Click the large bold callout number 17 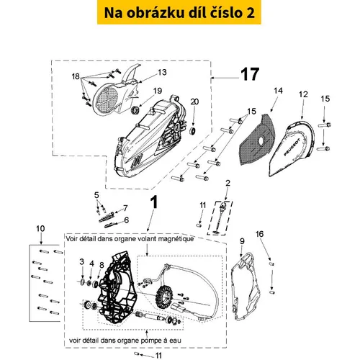point(250,74)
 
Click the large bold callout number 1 point(154,202)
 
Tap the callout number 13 point(162,72)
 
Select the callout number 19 point(158,91)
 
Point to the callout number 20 point(194,102)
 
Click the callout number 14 point(278,91)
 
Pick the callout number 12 point(303,94)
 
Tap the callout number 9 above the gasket point(242,241)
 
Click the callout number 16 point(259,234)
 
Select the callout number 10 point(40,228)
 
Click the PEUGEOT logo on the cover point(292,147)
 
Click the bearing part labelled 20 point(193,131)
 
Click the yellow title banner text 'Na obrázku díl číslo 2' point(179,13)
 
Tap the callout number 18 point(76,76)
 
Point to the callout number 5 point(96,195)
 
